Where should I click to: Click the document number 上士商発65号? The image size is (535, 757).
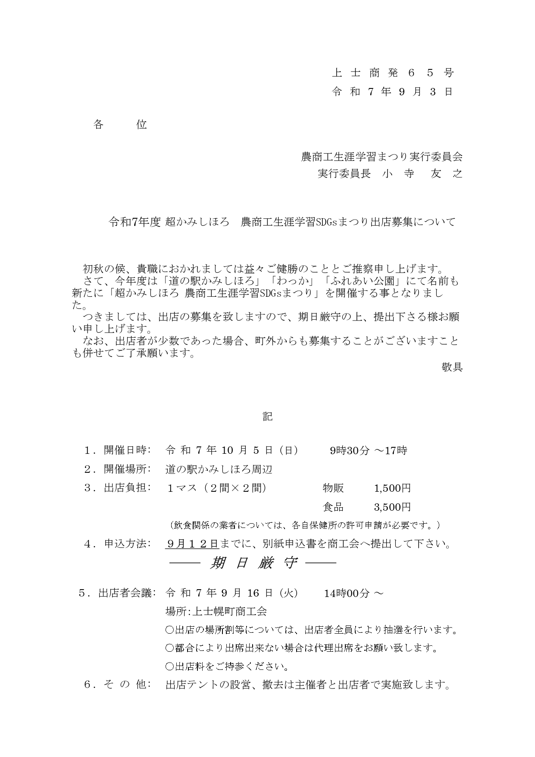pos(392,73)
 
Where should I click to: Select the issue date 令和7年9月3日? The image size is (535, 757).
pos(392,91)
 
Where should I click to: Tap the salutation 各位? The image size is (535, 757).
pos(120,125)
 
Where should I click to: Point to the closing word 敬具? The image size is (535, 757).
pos(452,367)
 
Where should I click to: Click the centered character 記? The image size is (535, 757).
pos(268,417)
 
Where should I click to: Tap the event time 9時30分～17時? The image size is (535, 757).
pos(368,451)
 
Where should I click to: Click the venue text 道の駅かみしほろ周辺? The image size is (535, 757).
pos(219,469)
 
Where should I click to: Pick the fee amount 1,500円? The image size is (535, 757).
pos(392,488)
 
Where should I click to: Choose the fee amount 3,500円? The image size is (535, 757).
pos(392,507)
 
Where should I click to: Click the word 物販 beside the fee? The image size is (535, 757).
pos(333,488)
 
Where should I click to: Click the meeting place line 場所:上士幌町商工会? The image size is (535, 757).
pos(216,611)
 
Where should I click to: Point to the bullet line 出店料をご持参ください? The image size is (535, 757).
pos(227,666)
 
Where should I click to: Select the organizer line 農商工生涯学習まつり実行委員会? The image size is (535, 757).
pos(382,157)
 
